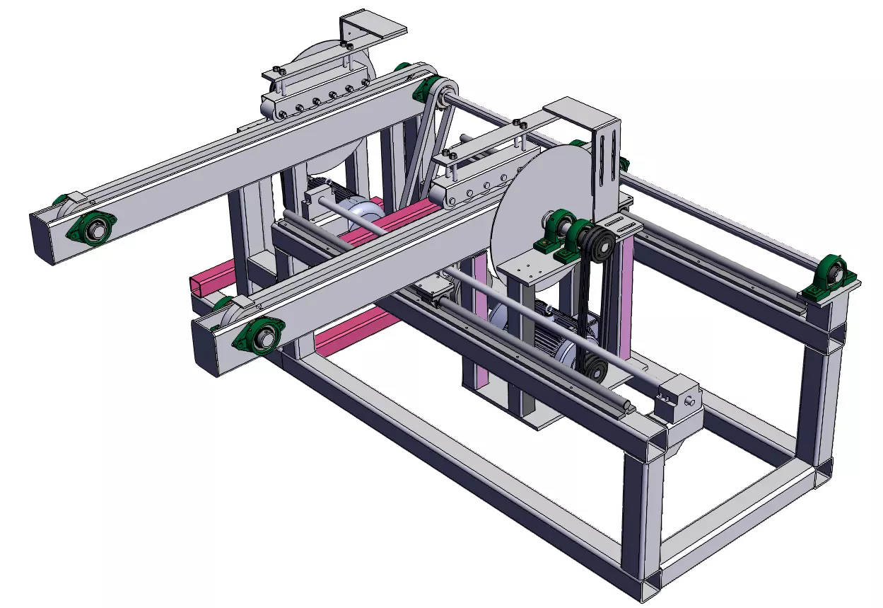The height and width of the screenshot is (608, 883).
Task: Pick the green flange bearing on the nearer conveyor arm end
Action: point(261,335)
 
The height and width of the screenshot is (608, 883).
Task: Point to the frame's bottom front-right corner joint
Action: point(647,584)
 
